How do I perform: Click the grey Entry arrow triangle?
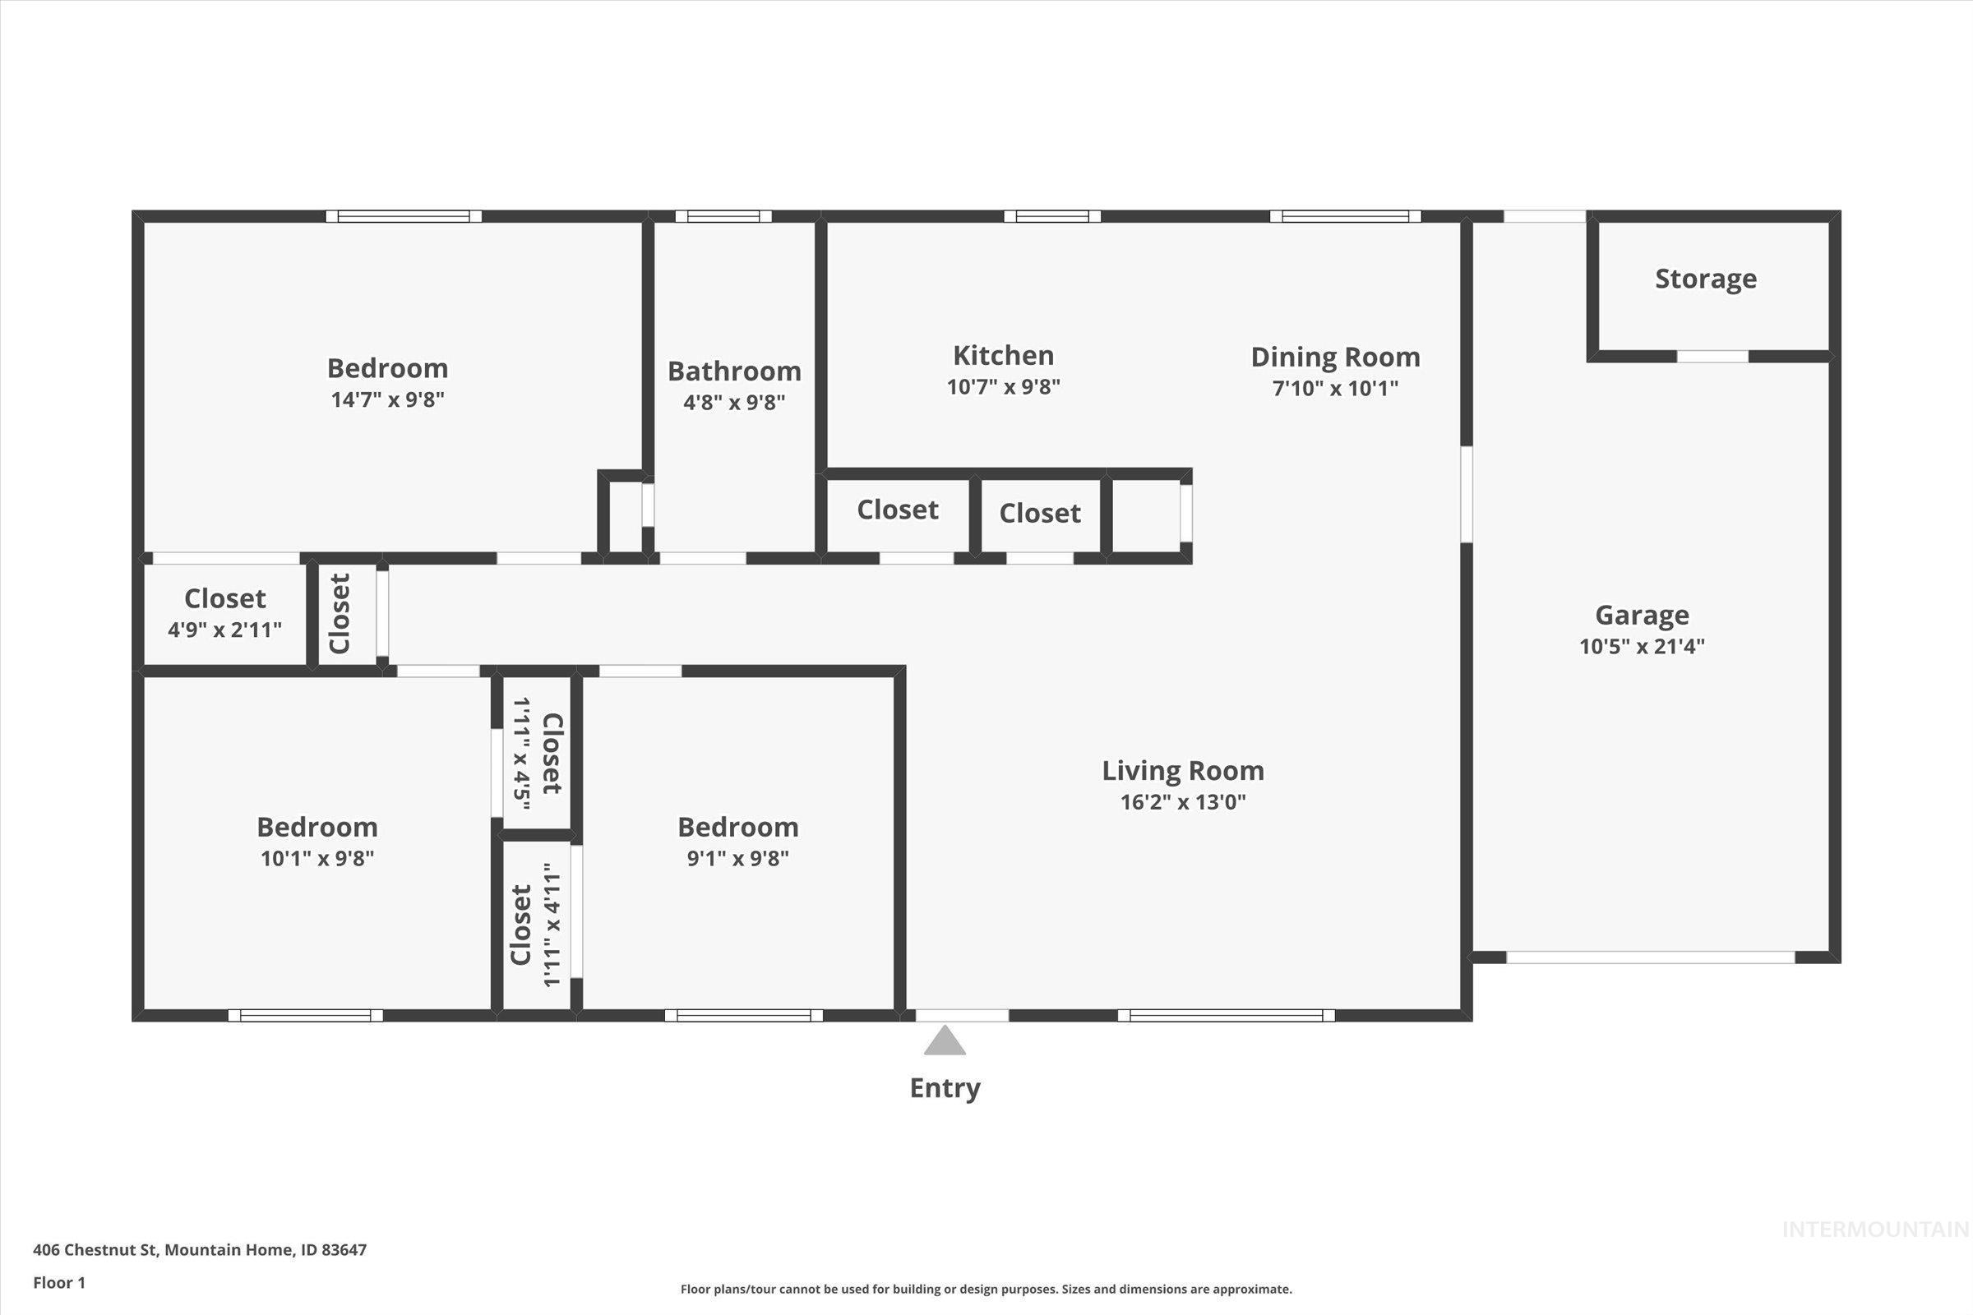(x=945, y=1041)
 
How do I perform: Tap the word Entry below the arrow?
(x=945, y=1088)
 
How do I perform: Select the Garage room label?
(x=1642, y=615)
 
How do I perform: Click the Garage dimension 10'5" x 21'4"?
(x=1642, y=647)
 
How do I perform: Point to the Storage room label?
(x=1705, y=279)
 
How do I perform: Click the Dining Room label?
(x=1335, y=358)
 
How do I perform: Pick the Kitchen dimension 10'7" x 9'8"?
(x=1003, y=387)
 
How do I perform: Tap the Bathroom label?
(x=734, y=371)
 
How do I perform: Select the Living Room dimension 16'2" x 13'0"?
(x=1183, y=802)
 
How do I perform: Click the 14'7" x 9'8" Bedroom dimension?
(x=387, y=399)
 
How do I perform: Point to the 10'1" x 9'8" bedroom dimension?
(x=317, y=859)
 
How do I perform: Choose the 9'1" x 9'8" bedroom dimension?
(x=737, y=859)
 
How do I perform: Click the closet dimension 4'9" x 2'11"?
(x=224, y=630)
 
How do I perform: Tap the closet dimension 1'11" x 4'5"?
(x=521, y=753)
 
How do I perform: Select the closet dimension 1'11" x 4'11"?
(x=551, y=925)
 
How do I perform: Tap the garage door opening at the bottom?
(x=1650, y=957)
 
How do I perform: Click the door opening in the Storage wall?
(x=1712, y=357)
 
